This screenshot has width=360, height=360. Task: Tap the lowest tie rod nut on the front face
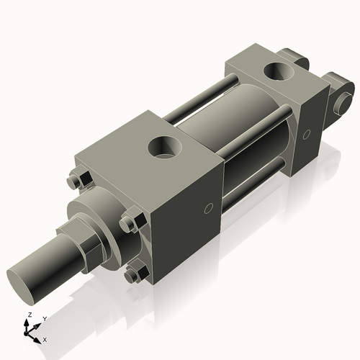tap(134, 274)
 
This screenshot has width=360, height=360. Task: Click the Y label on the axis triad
tap(44, 318)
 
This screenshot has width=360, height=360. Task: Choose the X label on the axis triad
tap(45, 338)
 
